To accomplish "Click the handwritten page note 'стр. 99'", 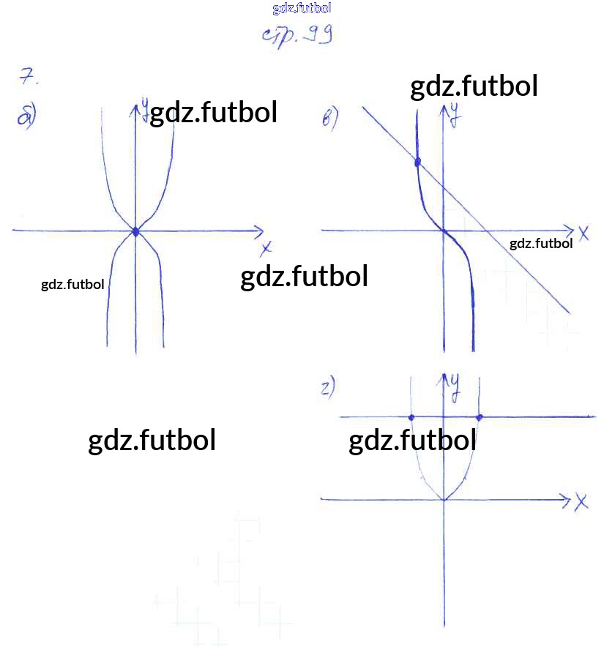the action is pyautogui.click(x=297, y=35).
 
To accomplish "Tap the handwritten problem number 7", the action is pyautogui.click(x=28, y=76).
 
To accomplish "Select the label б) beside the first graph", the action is pyautogui.click(x=27, y=116).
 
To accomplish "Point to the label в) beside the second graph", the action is pyautogui.click(x=330, y=118).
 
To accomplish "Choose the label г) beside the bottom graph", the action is pyautogui.click(x=328, y=388).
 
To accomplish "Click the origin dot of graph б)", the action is pyautogui.click(x=136, y=232).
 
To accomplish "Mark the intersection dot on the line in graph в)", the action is pyautogui.click(x=417, y=162).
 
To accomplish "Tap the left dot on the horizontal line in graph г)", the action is pyautogui.click(x=411, y=418).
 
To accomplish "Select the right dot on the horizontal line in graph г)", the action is pyautogui.click(x=480, y=418).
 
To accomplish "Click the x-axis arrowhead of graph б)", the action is pyautogui.click(x=259, y=231).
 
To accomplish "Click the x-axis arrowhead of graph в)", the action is pyautogui.click(x=570, y=231).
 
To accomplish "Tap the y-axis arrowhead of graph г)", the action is pyautogui.click(x=444, y=379).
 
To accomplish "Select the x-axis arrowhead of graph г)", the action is pyautogui.click(x=567, y=500).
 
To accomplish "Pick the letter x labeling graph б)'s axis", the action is pyautogui.click(x=266, y=248).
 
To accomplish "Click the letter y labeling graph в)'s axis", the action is pyautogui.click(x=455, y=115).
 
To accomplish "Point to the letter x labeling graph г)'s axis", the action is pyautogui.click(x=581, y=502).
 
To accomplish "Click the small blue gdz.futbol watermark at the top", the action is pyautogui.click(x=302, y=8).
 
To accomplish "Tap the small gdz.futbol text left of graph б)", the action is pyautogui.click(x=72, y=285).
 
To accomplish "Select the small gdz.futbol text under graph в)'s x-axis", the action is pyautogui.click(x=541, y=244).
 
